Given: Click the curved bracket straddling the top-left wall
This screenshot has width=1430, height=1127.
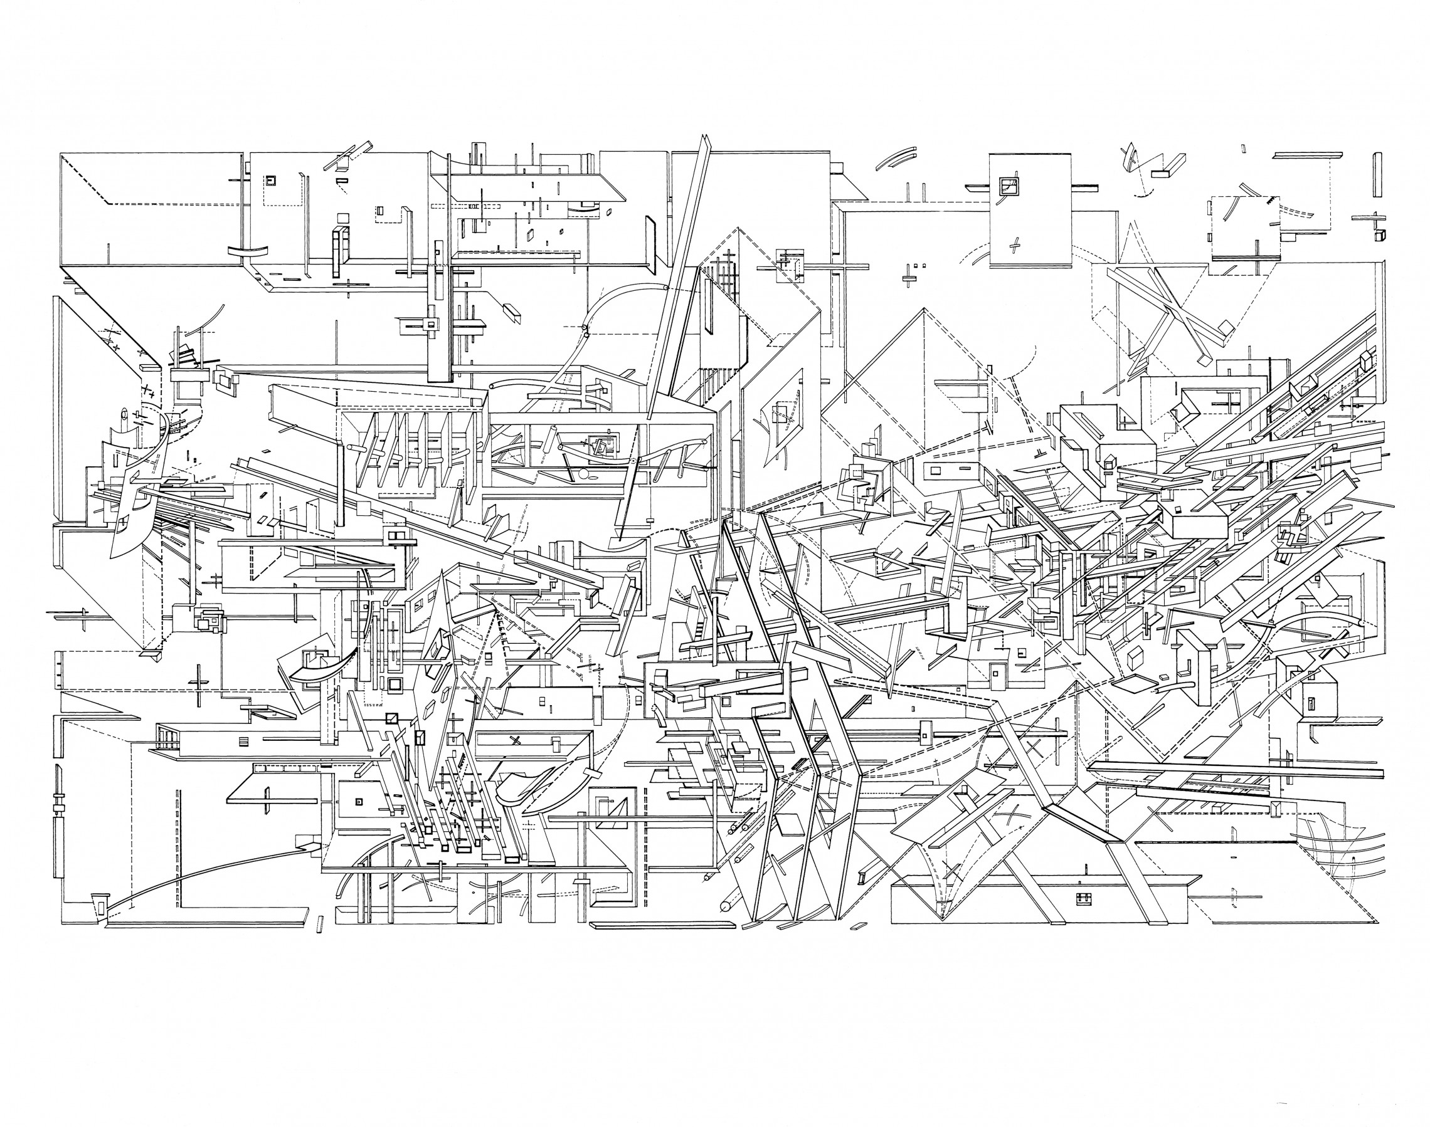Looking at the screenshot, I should [249, 251].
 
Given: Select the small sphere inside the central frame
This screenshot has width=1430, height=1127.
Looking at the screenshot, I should [582, 474].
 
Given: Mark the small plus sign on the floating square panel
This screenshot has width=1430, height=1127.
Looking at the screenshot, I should [1015, 246].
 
